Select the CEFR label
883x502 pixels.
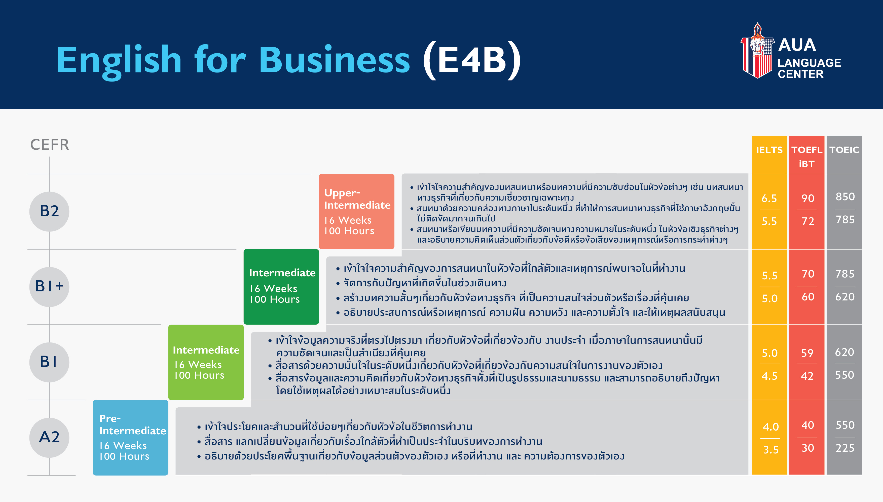pos(50,144)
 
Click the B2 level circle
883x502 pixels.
pos(49,211)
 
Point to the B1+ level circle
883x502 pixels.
pos(49,287)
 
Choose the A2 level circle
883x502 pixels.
pos(49,437)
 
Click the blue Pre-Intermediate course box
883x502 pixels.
pos(130,438)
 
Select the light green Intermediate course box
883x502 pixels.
pos(206,362)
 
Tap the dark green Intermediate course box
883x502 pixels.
pos(281,287)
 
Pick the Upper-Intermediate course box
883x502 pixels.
pos(356,211)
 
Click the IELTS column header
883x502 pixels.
pos(769,150)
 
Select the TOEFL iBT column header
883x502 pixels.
pos(806,157)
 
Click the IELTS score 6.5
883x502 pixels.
pos(769,198)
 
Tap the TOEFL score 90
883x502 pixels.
pos(808,198)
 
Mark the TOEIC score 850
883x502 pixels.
pos(845,197)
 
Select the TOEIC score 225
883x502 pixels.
pos(845,448)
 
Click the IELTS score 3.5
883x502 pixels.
pos(770,450)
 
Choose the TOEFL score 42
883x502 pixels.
pos(807,376)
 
